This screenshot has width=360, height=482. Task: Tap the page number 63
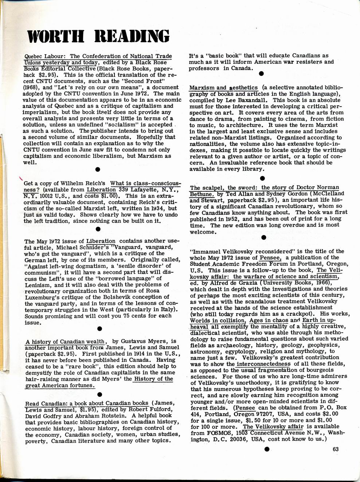(x=336, y=449)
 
